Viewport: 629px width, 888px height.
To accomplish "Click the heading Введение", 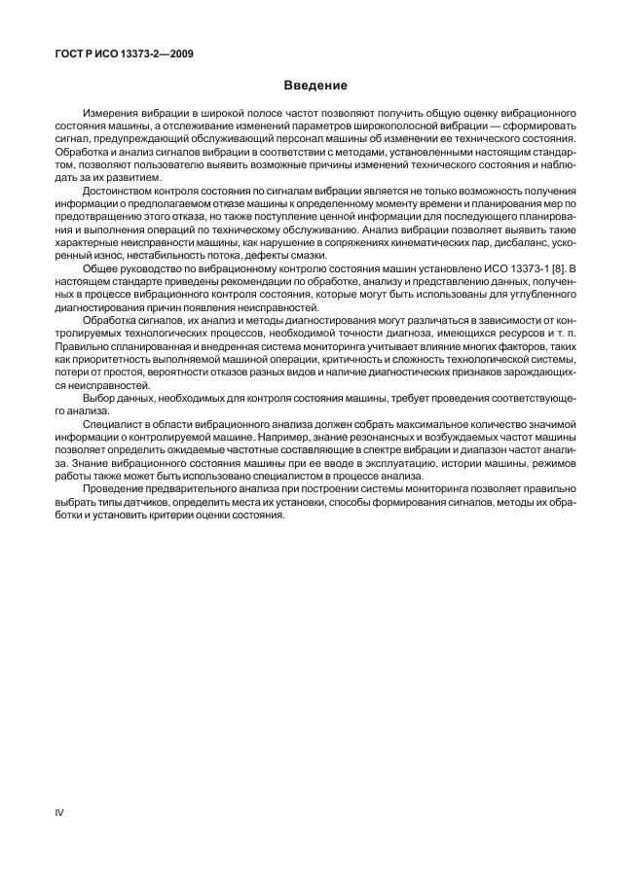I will pyautogui.click(x=314, y=87).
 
